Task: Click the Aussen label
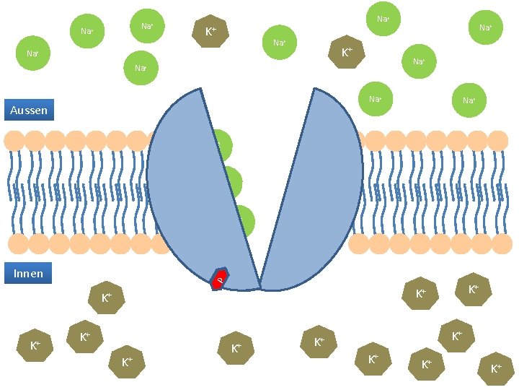pos(29,110)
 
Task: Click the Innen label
pos(28,273)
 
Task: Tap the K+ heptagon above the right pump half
pos(347,52)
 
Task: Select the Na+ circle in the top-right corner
pos(485,27)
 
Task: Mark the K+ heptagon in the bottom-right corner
pos(496,368)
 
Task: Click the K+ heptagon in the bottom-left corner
pos(35,346)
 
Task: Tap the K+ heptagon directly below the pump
pos(236,349)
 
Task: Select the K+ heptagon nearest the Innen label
pos(106,297)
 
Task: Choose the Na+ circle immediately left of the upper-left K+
pos(147,26)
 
